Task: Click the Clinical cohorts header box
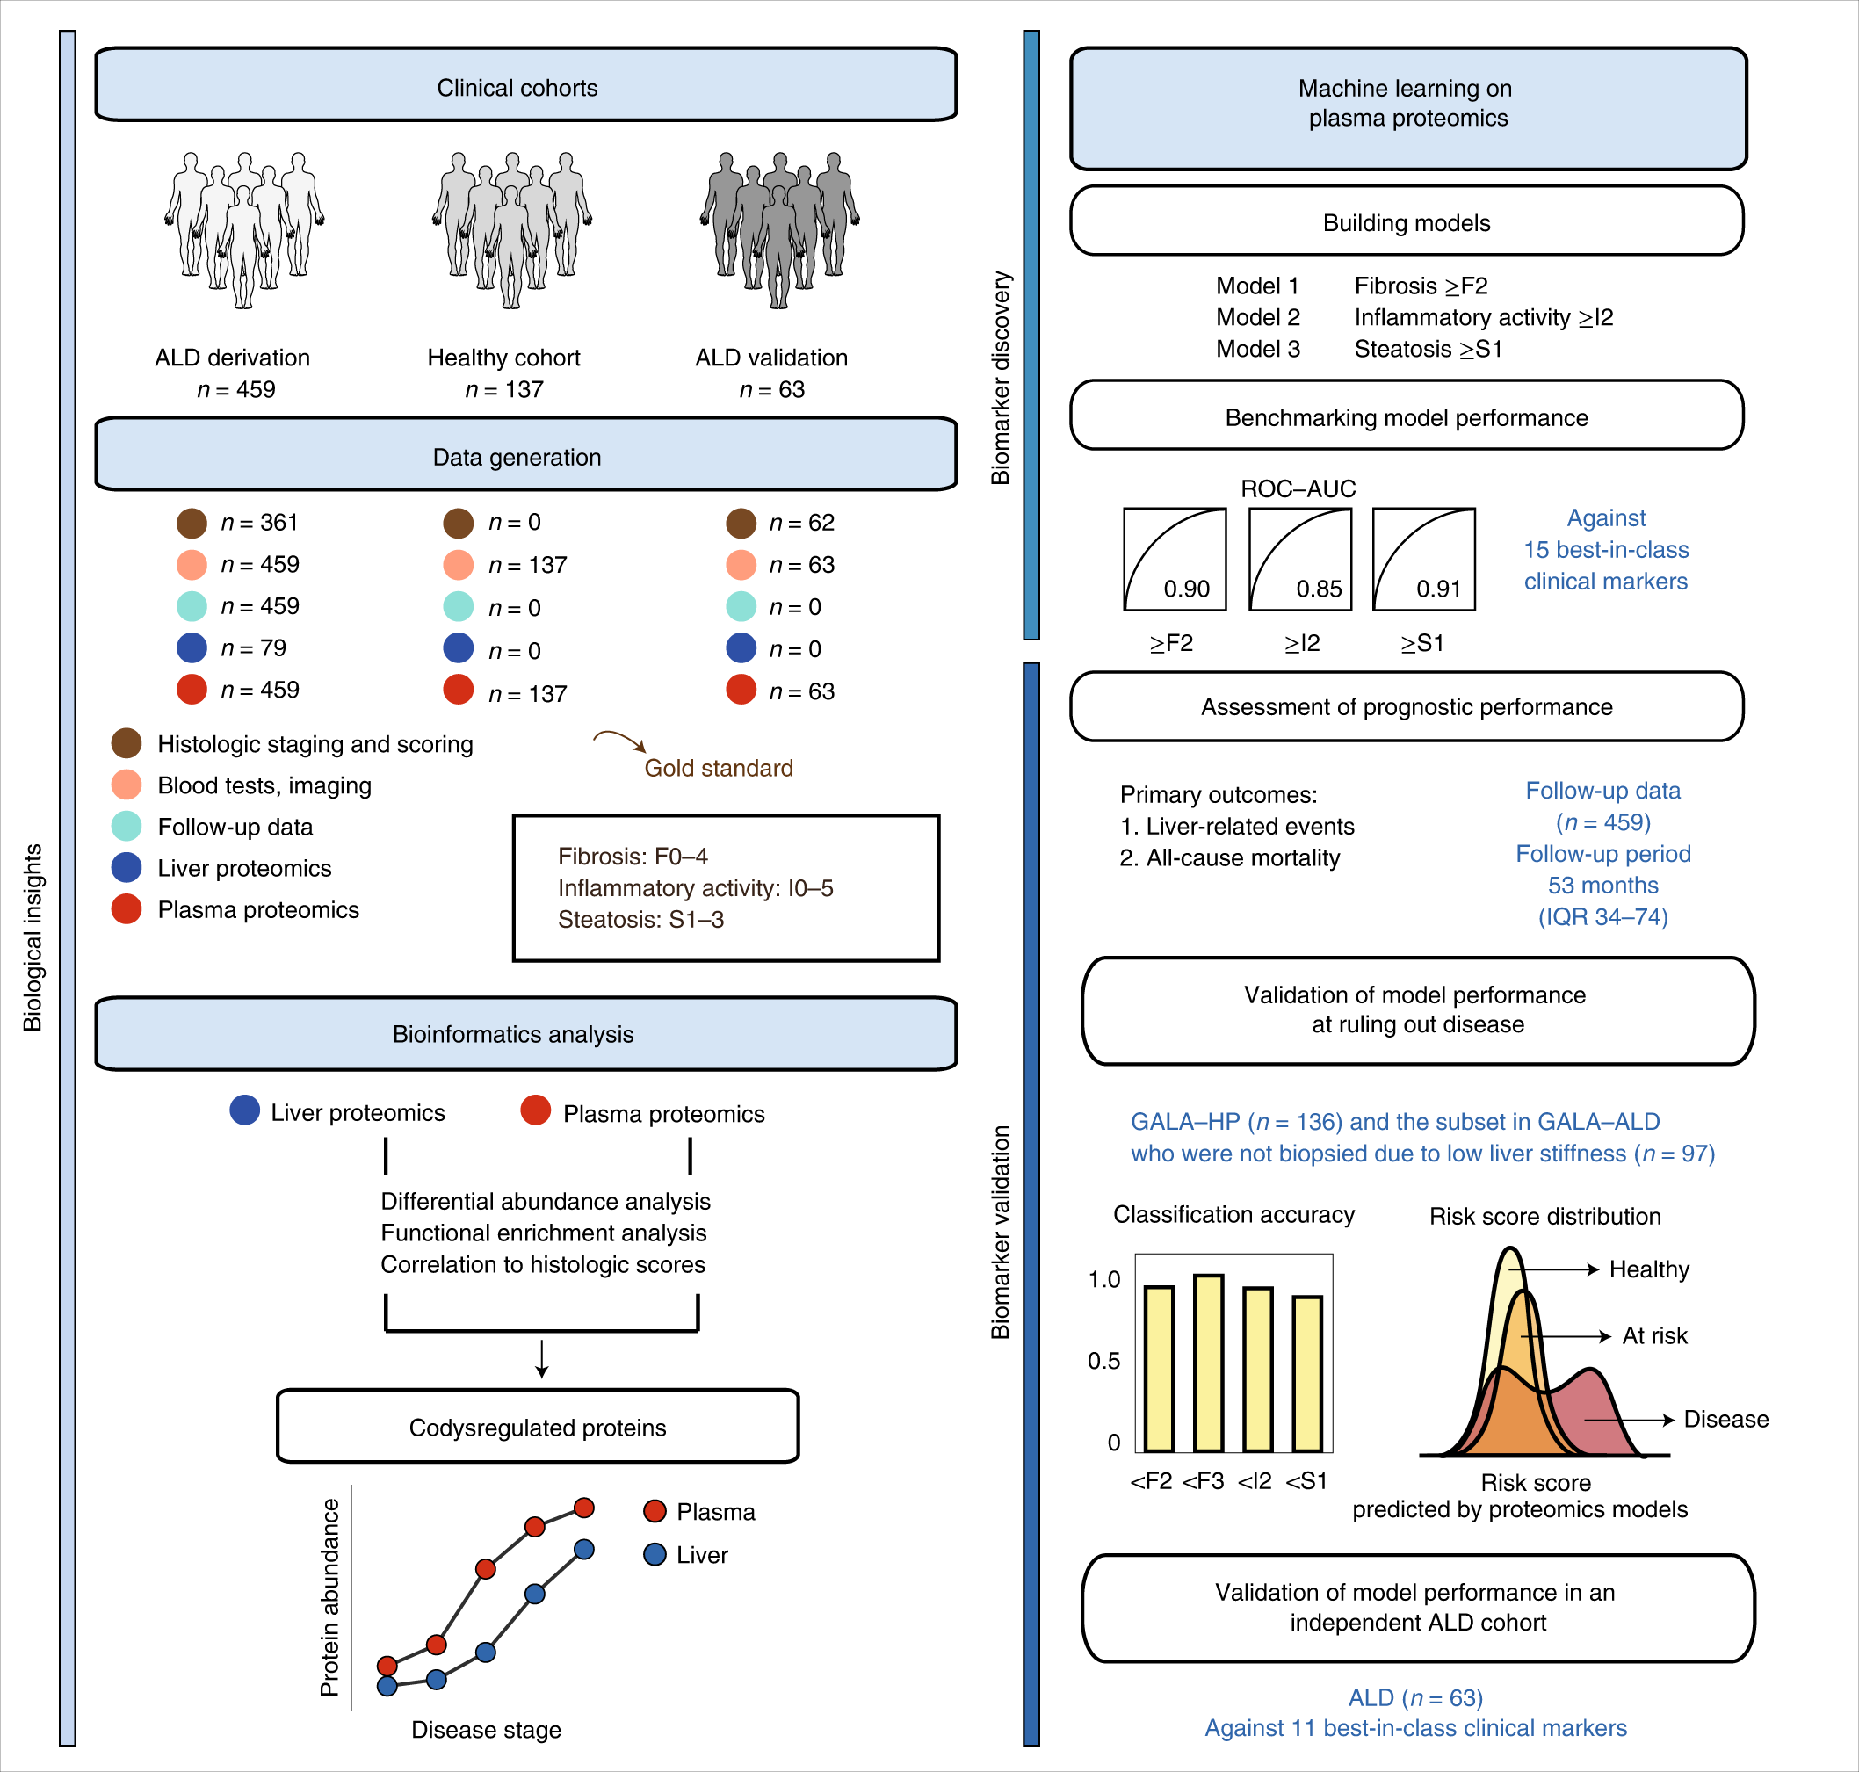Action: [525, 86]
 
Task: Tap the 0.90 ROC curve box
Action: [1174, 559]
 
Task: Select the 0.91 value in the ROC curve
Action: [1437, 589]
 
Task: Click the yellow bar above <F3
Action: [1208, 1362]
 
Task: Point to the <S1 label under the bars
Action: [1306, 1481]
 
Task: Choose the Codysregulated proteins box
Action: [538, 1426]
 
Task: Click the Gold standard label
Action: [718, 768]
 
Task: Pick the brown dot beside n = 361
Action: [192, 523]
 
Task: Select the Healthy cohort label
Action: [503, 358]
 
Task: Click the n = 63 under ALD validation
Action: [771, 389]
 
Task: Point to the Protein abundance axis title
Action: [329, 1597]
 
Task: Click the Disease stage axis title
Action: [486, 1730]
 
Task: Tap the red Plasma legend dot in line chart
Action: [655, 1511]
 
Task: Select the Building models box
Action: [1406, 222]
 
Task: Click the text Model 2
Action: [1257, 317]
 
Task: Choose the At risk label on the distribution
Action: [1654, 1335]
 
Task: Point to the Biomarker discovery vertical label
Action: [1001, 378]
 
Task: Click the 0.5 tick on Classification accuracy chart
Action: [1103, 1361]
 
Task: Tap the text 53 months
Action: [1602, 885]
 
